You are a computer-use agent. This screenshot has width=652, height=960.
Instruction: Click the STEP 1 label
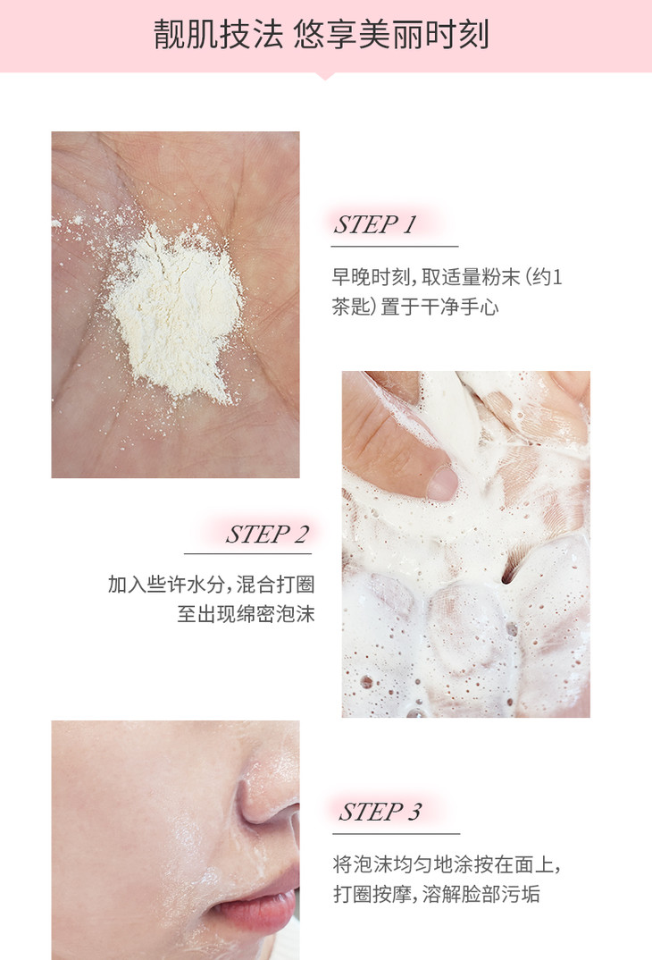(375, 224)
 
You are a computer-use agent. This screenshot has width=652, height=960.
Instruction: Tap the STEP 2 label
(267, 535)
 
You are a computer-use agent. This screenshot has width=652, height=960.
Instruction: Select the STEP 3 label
(380, 812)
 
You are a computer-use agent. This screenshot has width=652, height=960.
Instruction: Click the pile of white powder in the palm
(173, 312)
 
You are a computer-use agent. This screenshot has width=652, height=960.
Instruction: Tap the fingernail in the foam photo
(441, 483)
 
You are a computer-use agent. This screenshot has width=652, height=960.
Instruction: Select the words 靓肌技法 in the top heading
(218, 34)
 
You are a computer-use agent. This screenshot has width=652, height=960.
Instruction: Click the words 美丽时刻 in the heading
(423, 34)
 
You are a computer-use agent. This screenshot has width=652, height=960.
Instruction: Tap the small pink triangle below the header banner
(325, 76)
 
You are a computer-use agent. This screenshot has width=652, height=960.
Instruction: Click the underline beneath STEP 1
(395, 246)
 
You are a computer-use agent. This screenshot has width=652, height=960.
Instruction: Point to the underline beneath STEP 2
(247, 553)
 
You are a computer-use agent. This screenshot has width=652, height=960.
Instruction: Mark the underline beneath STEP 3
(396, 833)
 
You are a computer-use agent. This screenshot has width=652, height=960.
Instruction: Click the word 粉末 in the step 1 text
(501, 277)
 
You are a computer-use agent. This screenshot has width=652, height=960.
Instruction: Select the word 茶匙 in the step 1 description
(352, 306)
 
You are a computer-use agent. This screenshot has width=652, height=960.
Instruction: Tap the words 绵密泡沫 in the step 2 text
(275, 613)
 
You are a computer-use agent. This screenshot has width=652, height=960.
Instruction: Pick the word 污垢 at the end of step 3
(521, 894)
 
